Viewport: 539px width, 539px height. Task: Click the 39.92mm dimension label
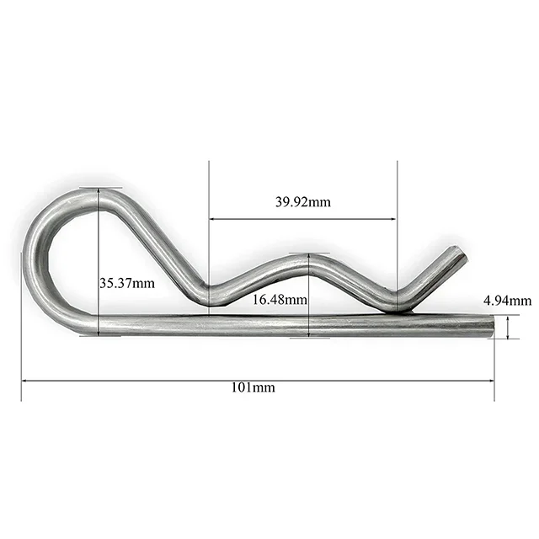point(302,202)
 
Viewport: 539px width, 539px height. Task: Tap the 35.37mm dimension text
point(127,284)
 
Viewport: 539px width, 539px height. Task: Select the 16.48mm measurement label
point(280,299)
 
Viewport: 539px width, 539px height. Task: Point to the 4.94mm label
point(507,301)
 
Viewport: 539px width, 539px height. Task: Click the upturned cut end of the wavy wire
point(457,254)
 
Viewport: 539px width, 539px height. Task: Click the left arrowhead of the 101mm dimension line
point(24,380)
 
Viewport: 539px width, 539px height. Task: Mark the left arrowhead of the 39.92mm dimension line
point(211,219)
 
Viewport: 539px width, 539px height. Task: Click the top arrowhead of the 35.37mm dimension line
point(99,191)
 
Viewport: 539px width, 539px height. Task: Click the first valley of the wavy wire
point(211,296)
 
